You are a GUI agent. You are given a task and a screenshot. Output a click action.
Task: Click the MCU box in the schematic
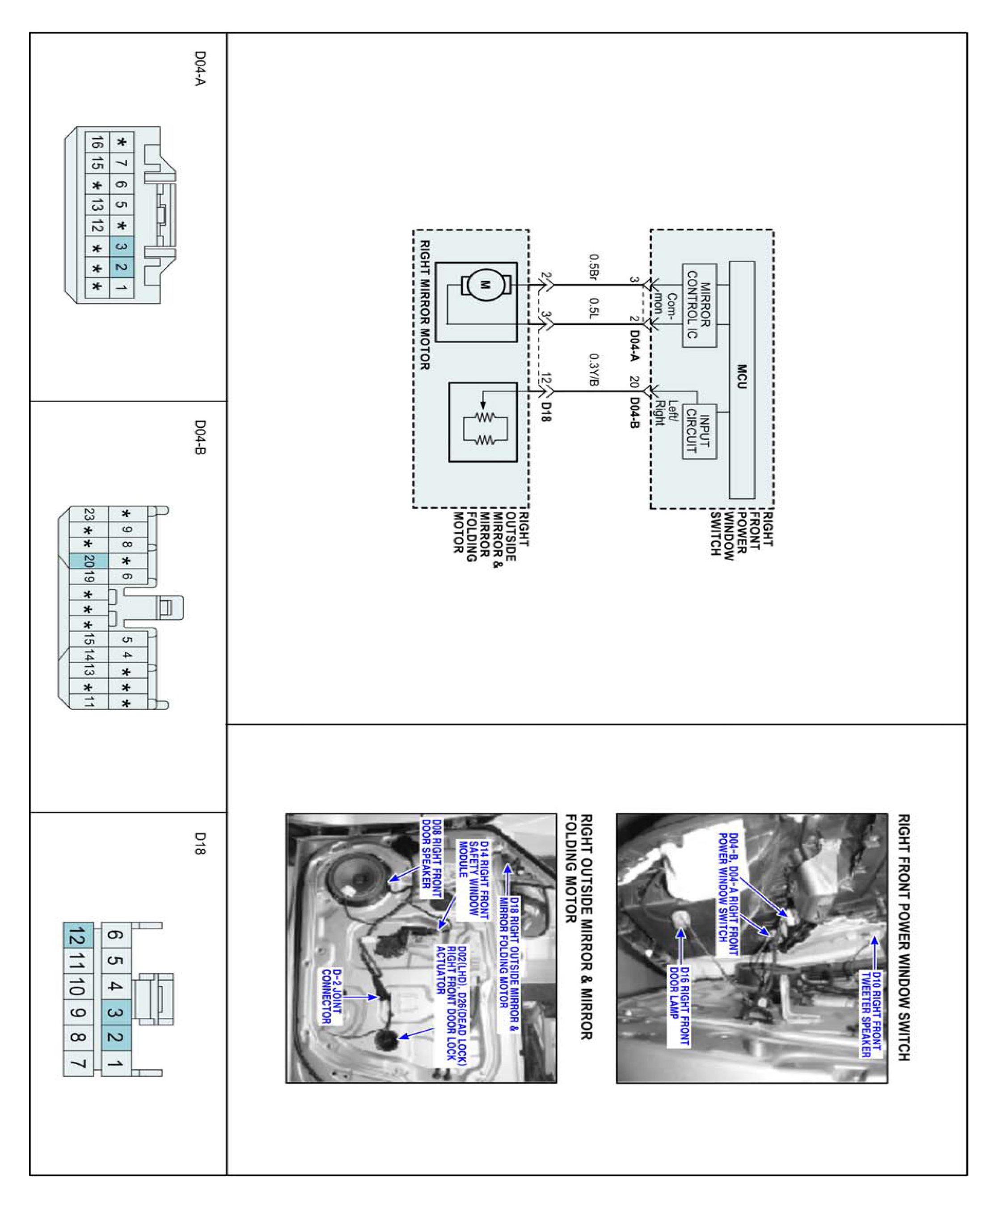click(741, 380)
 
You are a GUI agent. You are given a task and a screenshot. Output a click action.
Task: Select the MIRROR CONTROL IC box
click(699, 305)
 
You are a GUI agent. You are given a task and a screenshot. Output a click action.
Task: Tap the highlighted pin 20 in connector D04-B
click(89, 560)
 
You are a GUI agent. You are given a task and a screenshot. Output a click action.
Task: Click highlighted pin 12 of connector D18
click(78, 937)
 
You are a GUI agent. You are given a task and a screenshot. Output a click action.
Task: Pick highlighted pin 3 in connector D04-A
click(121, 247)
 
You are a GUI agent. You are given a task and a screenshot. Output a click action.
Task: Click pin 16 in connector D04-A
click(97, 143)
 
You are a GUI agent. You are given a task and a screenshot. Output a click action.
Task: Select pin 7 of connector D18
click(78, 1064)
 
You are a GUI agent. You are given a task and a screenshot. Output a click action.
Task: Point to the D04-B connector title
click(199, 437)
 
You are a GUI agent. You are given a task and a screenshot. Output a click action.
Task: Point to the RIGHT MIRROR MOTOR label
click(425, 305)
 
